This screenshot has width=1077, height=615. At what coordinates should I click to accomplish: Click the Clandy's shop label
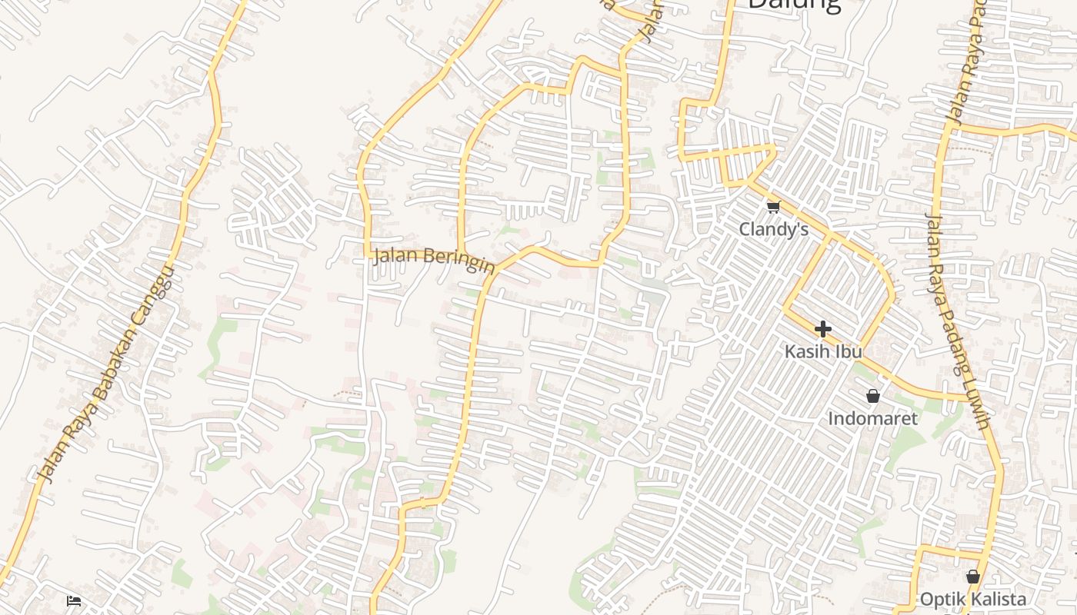[773, 229]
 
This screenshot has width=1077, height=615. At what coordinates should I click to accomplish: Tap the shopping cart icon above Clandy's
[773, 207]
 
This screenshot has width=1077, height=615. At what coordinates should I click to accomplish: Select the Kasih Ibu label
[822, 351]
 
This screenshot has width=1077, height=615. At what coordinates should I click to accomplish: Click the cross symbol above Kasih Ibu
[822, 330]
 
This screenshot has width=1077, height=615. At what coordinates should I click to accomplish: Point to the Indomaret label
[872, 418]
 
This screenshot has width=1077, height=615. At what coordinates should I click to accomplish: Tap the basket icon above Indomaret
[872, 397]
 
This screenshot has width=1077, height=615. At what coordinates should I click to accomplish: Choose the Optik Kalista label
[972, 599]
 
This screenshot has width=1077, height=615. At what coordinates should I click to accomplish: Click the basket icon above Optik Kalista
[972, 577]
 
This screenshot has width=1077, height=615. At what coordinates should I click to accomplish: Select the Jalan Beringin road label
[433, 260]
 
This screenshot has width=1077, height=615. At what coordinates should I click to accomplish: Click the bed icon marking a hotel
[74, 600]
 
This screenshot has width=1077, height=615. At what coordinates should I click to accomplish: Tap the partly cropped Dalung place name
[794, 5]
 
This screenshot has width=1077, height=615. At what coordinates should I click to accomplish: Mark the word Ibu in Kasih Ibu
[849, 351]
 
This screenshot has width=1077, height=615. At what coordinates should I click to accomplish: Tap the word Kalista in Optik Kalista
[996, 599]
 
